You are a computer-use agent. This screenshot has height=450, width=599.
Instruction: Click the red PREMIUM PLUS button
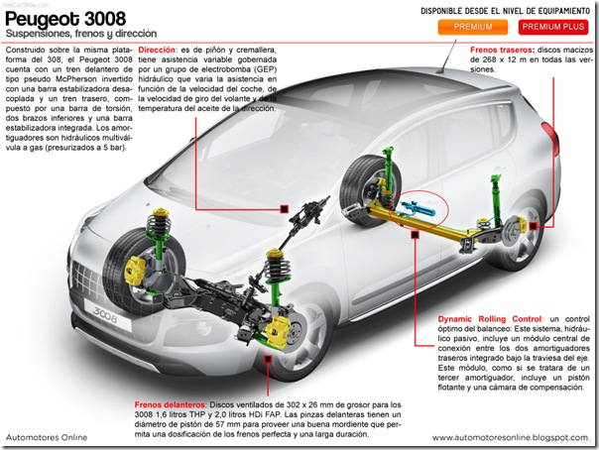pos(552,27)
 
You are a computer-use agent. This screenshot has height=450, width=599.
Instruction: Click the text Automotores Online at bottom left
pos(46,436)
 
